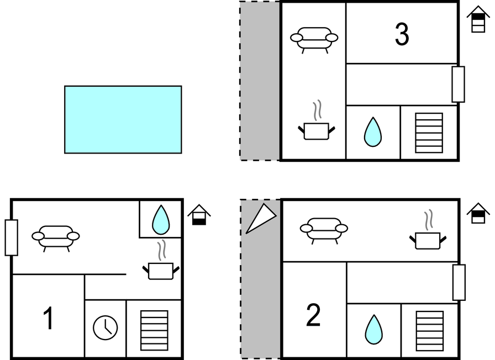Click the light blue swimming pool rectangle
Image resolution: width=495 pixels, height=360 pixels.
tap(123, 120)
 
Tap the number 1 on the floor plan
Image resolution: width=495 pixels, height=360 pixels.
tap(48, 319)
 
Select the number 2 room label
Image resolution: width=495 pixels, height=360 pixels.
tap(313, 315)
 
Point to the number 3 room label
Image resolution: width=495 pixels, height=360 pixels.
tap(402, 34)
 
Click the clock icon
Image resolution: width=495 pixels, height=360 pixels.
tap(106, 328)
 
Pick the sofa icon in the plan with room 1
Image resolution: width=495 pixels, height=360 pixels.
tap(56, 239)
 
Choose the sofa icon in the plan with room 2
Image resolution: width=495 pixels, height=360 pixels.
tap(324, 231)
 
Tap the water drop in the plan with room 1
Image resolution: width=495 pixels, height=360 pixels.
tap(161, 220)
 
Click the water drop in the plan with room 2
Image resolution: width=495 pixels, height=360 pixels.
tap(374, 330)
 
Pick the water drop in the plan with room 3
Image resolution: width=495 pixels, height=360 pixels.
tap(373, 132)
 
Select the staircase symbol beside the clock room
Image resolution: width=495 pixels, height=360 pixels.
tap(154, 330)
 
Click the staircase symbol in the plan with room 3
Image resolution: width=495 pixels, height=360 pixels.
tap(429, 133)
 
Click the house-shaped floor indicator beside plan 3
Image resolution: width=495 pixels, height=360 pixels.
tap(478, 19)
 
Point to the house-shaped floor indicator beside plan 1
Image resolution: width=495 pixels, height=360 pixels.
tap(199, 215)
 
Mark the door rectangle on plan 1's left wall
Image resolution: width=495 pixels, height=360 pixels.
tap(12, 237)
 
